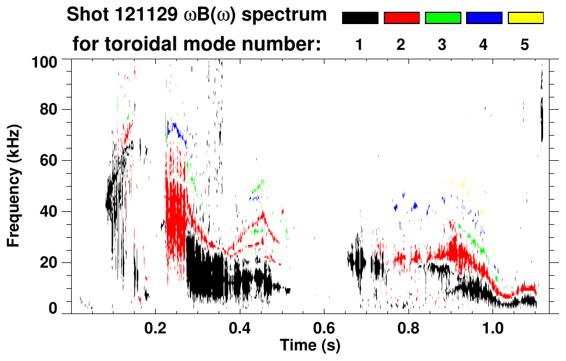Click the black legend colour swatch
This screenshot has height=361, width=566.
click(360, 18)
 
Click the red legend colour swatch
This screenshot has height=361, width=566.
click(401, 18)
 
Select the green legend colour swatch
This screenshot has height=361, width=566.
click(443, 18)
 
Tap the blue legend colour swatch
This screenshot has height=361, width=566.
click(484, 18)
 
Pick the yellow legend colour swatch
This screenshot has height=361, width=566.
click(525, 18)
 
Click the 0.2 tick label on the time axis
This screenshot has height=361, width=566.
click(155, 326)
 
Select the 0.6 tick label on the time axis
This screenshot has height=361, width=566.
click(323, 326)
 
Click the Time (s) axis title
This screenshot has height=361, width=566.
click(310, 344)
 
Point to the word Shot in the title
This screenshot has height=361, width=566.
click(85, 15)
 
